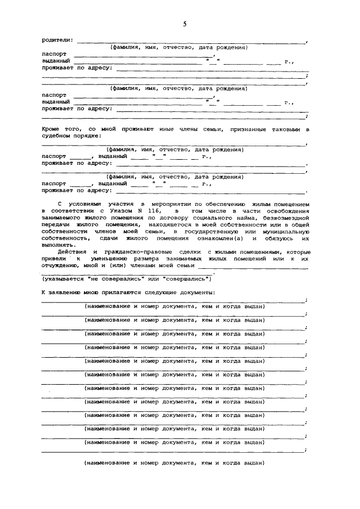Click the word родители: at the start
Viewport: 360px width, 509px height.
pos(57,40)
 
